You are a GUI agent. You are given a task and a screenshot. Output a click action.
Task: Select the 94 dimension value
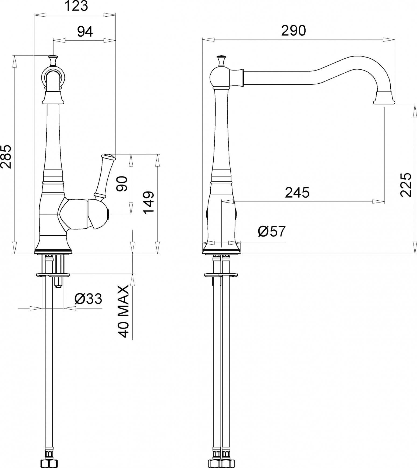(85, 32)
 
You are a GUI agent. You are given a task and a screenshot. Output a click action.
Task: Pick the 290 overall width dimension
(294, 31)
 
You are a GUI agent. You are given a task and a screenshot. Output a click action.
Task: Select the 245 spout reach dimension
(297, 193)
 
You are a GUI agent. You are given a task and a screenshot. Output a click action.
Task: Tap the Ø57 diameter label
(271, 231)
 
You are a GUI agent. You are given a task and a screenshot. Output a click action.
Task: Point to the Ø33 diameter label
(88, 299)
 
